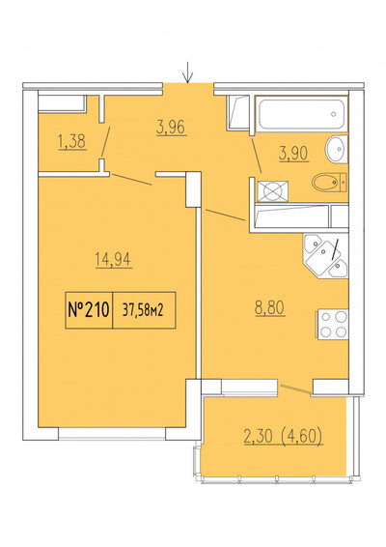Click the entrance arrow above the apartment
[188, 72]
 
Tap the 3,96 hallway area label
[171, 128]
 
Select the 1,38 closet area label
[72, 142]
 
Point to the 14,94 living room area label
[114, 260]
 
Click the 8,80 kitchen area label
[269, 308]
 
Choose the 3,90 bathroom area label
[293, 154]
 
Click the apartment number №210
[89, 310]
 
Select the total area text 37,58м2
[143, 310]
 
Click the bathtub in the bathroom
[302, 114]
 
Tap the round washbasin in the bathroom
[337, 149]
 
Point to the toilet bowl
[329, 183]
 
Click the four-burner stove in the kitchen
[333, 325]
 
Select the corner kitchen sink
[326, 256]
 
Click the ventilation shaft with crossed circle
[273, 191]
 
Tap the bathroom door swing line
[256, 155]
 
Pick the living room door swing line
[132, 180]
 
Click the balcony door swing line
[295, 389]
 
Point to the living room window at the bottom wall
[112, 434]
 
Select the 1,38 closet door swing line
[105, 142]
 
